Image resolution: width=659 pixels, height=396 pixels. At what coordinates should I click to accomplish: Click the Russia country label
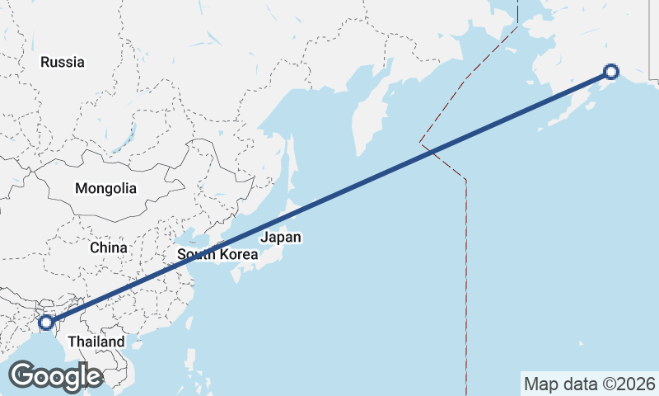tap(63, 62)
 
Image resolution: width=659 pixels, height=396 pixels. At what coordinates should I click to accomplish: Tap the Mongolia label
tap(105, 188)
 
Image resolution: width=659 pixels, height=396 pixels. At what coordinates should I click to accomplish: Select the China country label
tap(109, 247)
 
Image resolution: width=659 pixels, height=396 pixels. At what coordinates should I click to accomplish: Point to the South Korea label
tap(217, 255)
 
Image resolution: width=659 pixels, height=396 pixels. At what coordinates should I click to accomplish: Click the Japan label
tap(280, 238)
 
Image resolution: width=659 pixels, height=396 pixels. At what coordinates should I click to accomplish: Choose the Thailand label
tap(96, 342)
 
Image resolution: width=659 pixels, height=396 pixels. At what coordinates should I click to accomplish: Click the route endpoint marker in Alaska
tap(610, 72)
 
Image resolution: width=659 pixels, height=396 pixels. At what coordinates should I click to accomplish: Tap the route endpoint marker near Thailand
tap(46, 322)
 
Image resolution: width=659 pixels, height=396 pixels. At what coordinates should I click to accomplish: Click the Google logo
tap(55, 376)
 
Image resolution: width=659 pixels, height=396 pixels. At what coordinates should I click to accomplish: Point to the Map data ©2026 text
tap(589, 384)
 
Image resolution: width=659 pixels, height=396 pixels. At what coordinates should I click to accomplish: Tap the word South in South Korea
tap(194, 255)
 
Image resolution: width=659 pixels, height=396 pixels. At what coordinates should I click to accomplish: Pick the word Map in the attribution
tap(540, 384)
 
